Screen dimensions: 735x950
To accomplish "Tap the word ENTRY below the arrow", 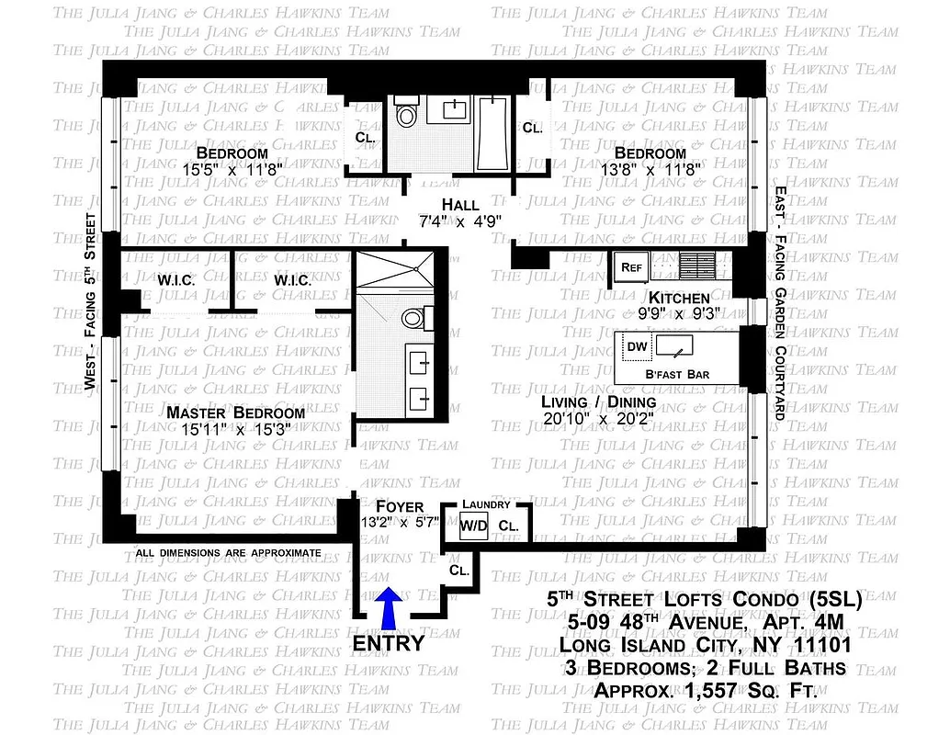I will click(x=389, y=642).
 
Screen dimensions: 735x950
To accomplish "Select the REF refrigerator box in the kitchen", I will click(x=631, y=266).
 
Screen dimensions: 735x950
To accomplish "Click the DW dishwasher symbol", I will click(x=635, y=347).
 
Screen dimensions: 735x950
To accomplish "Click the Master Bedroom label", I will click(x=235, y=413).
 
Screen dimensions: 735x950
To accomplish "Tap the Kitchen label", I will click(x=679, y=298).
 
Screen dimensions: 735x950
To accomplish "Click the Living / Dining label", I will click(x=598, y=401).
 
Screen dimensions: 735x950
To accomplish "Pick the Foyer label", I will click(x=401, y=506).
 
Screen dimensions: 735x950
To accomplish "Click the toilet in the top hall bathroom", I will click(x=405, y=116).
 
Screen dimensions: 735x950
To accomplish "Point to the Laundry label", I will click(x=486, y=503).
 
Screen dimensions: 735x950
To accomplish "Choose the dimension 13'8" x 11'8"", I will click(x=650, y=170).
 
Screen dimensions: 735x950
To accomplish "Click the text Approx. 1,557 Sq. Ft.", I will click(x=706, y=691).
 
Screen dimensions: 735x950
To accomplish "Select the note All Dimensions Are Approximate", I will click(x=228, y=553).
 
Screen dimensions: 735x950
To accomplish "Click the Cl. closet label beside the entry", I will click(x=459, y=570).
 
